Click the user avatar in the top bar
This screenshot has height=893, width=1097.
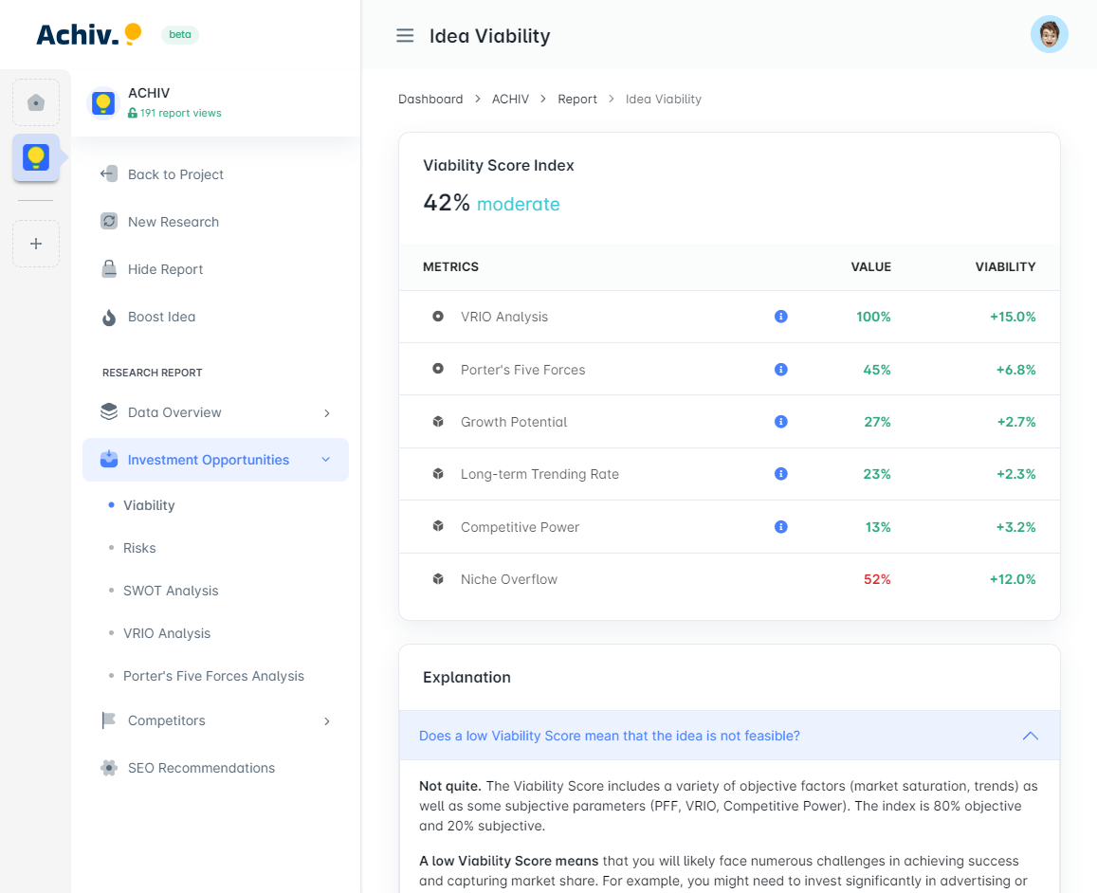click(x=1049, y=35)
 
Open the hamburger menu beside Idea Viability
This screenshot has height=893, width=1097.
click(x=405, y=36)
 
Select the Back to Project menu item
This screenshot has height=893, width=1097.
click(x=175, y=174)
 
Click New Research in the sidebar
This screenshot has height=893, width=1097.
click(x=173, y=222)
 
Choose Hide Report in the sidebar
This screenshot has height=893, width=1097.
click(x=165, y=269)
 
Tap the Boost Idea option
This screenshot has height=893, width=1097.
click(x=161, y=317)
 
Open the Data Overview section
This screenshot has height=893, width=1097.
click(x=174, y=412)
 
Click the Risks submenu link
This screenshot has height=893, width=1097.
click(x=139, y=548)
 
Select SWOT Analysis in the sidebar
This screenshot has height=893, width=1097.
click(x=171, y=591)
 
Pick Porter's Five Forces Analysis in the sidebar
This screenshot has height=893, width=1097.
click(x=213, y=676)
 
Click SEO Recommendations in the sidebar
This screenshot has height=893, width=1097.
click(x=201, y=768)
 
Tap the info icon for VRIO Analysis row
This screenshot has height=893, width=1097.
click(x=781, y=317)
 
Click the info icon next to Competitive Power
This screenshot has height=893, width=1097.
click(x=781, y=527)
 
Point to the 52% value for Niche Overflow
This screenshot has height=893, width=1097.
click(x=877, y=579)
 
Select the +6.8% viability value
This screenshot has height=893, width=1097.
click(x=1015, y=370)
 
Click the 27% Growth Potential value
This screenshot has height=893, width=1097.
click(x=877, y=422)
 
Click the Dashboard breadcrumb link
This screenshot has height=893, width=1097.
click(x=430, y=99)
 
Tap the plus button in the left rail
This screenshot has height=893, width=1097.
click(x=36, y=244)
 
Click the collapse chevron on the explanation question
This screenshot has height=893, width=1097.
click(x=1030, y=736)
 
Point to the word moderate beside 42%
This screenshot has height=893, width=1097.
click(x=518, y=204)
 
